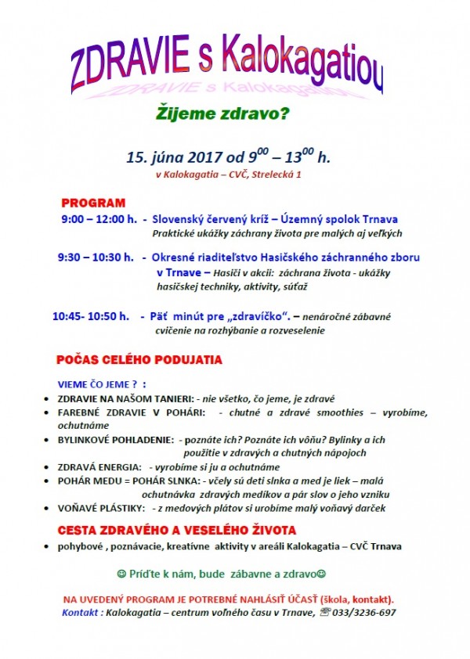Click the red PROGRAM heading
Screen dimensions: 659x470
pyautogui.click(x=93, y=203)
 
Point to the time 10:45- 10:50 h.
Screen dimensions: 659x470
pyautogui.click(x=91, y=316)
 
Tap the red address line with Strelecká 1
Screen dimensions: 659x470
pyautogui.click(x=229, y=175)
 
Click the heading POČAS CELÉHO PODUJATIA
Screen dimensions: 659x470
pyautogui.click(x=139, y=361)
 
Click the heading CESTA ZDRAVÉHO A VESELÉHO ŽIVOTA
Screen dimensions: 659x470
pyautogui.click(x=175, y=530)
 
